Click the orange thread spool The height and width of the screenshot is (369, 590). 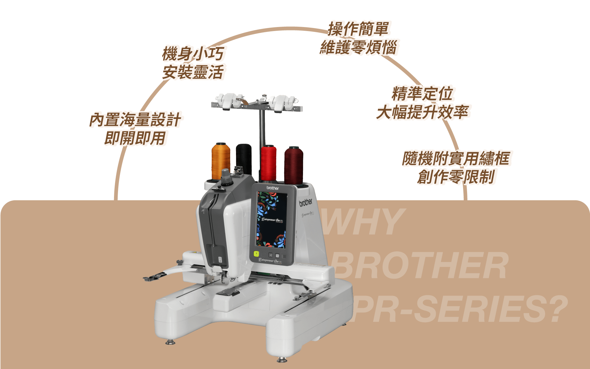point(221,161)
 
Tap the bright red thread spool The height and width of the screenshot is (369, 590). point(268,163)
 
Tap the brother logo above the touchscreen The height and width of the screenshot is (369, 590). point(273,188)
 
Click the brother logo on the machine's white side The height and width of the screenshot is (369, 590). point(306,202)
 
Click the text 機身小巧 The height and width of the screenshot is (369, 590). point(194,54)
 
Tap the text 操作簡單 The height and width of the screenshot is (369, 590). point(359,29)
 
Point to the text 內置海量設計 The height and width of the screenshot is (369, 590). point(136,120)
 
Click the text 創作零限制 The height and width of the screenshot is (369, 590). point(457,177)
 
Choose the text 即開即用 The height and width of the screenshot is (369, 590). point(136,138)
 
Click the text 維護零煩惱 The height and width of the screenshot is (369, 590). point(359,48)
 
